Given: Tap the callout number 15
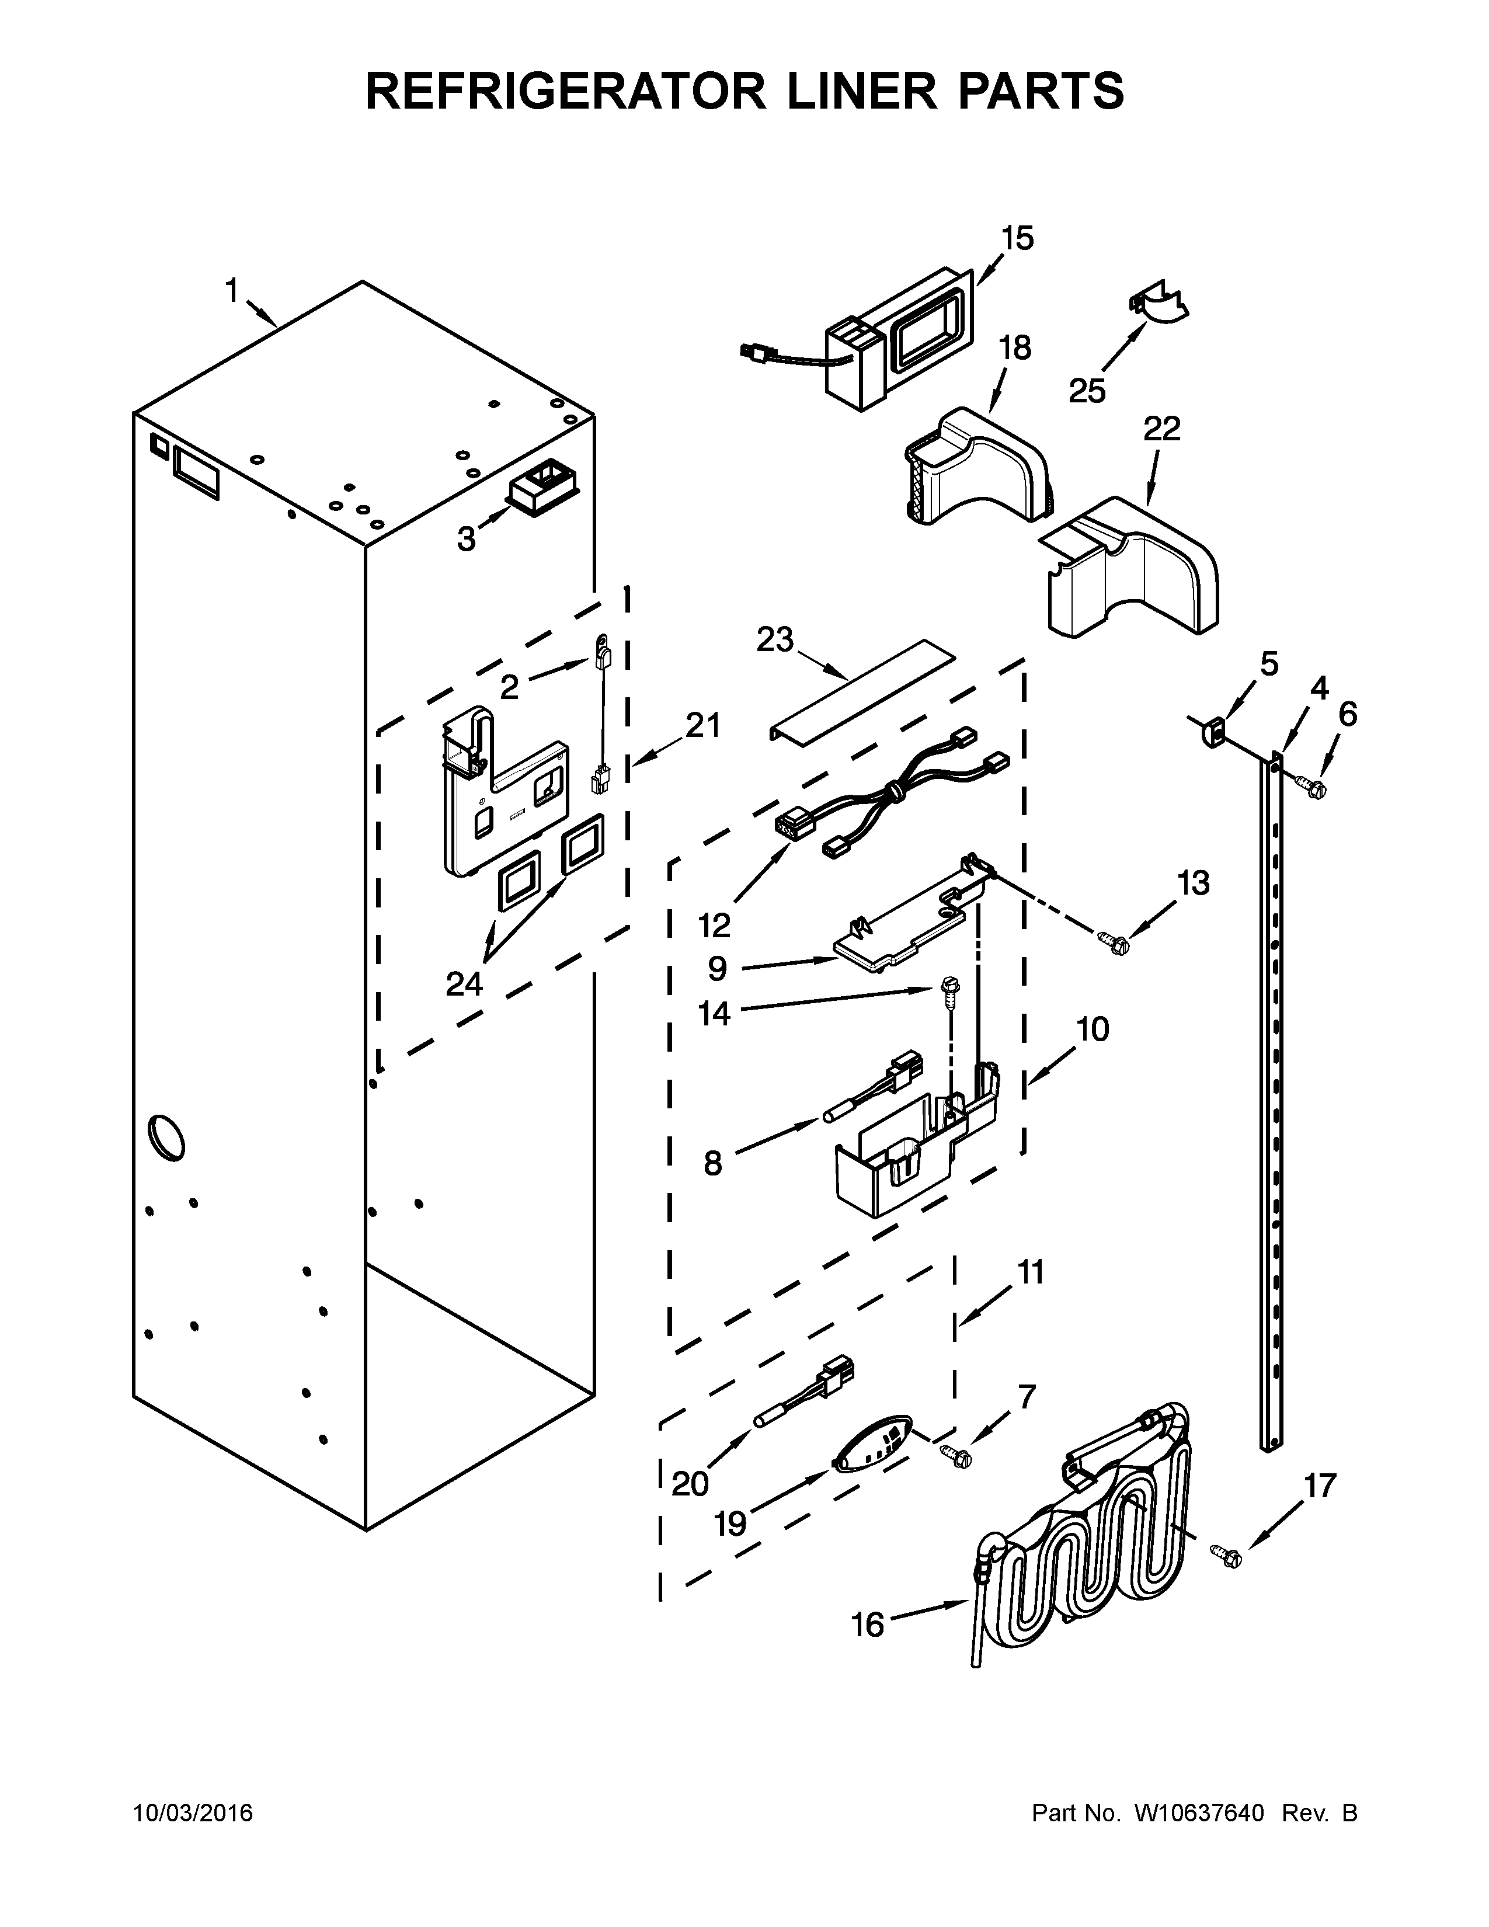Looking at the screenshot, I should (x=1017, y=238).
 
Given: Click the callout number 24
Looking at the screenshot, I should (x=464, y=983).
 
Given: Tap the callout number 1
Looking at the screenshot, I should (x=231, y=290).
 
